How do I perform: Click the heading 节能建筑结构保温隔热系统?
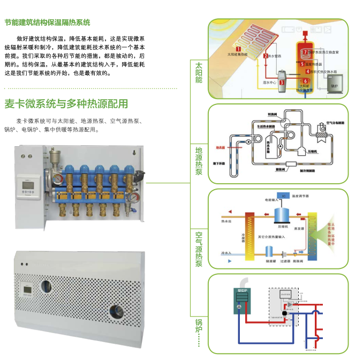click(x=47, y=22)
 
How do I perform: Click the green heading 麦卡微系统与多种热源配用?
click(x=66, y=103)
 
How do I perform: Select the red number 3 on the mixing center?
click(x=282, y=82)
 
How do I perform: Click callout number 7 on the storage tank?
click(x=305, y=52)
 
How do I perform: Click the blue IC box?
click(x=279, y=197)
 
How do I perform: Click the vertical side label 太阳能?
click(x=199, y=72)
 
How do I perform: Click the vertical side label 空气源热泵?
click(x=199, y=249)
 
